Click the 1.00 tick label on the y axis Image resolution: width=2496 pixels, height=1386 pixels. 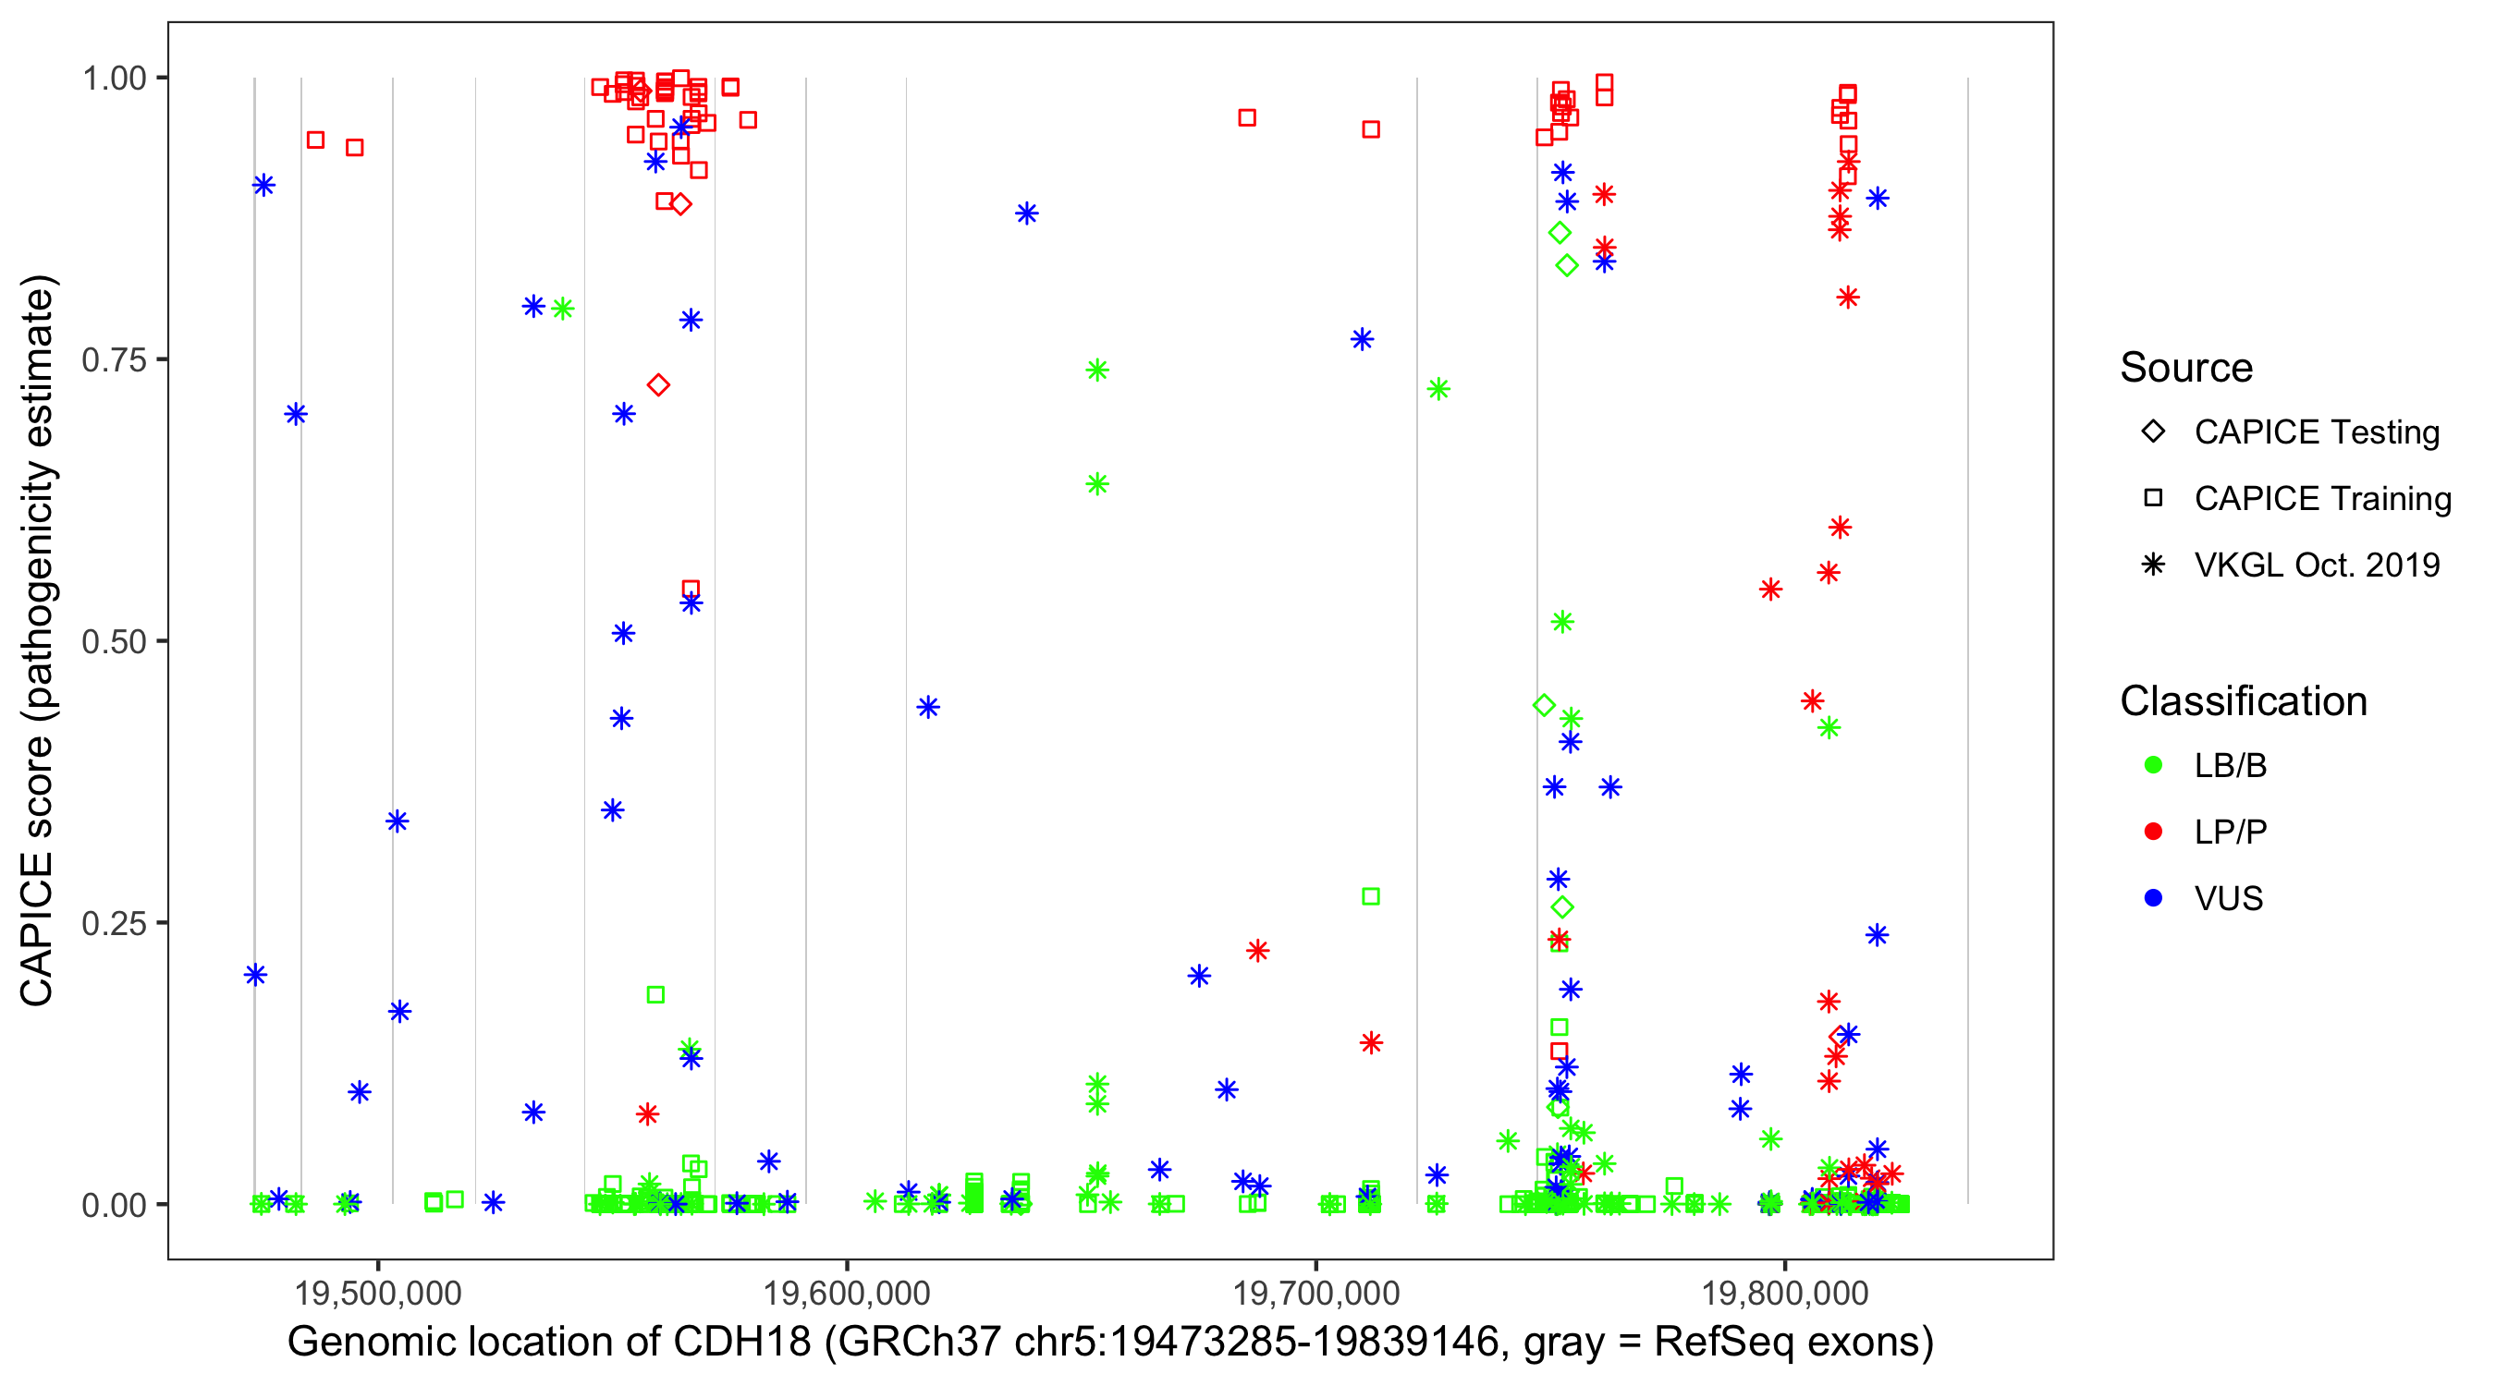coord(114,79)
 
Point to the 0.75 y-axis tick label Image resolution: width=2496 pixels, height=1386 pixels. coord(114,360)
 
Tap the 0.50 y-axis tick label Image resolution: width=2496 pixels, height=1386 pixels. coord(114,641)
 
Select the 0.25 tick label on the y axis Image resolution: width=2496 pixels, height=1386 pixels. coord(114,923)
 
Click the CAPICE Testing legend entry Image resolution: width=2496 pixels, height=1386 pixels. coord(2316,432)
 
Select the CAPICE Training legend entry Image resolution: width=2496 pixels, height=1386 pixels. coord(2321,499)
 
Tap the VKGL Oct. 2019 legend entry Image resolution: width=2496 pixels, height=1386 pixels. coord(2316,565)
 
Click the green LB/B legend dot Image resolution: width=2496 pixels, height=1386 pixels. coord(2154,765)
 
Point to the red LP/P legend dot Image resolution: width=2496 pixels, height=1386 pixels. coord(2154,832)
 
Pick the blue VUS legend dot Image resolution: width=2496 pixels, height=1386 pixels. coord(2154,899)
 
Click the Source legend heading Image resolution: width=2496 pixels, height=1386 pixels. coord(2186,368)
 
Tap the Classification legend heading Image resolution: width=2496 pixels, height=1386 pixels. coord(2243,701)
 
